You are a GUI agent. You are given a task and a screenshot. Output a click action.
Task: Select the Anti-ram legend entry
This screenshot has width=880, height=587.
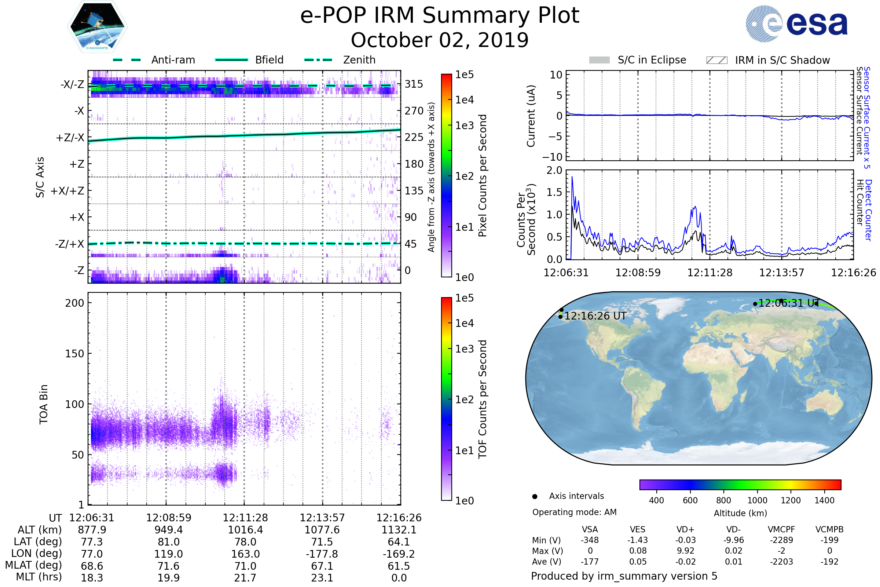tap(173, 60)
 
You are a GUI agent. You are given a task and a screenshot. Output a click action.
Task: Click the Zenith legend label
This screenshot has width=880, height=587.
tap(359, 60)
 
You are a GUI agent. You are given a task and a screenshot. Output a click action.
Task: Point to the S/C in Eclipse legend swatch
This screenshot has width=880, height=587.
tap(599, 60)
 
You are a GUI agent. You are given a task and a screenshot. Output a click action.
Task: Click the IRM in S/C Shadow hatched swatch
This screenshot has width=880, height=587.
tap(716, 60)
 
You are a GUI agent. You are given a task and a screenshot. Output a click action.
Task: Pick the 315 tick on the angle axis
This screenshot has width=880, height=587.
tap(414, 84)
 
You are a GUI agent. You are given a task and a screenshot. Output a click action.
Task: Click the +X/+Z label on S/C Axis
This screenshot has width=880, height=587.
tap(67, 191)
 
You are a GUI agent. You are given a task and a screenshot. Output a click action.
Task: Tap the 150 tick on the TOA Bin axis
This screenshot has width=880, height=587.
tap(74, 354)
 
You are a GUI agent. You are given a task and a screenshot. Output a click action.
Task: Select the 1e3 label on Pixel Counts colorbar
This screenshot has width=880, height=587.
tap(464, 126)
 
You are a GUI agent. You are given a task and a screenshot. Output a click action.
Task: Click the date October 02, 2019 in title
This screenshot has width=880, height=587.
tap(440, 40)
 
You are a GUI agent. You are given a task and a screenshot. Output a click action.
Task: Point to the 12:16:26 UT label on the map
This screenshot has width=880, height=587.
tap(595, 316)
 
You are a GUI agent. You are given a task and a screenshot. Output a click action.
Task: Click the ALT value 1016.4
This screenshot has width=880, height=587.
tap(245, 530)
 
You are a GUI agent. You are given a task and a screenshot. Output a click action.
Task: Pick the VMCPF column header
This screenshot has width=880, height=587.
tap(781, 530)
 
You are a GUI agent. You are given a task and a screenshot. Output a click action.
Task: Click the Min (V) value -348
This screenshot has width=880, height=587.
tap(590, 540)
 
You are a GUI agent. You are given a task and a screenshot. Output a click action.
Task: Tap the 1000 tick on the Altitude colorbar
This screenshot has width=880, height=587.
tap(757, 500)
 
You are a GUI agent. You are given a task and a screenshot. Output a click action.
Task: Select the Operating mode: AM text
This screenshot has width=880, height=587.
tap(574, 512)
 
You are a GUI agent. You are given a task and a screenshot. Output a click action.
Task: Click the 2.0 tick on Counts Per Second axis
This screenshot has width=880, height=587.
tap(554, 171)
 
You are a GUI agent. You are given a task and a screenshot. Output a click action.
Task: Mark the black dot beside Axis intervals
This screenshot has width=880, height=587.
tap(535, 496)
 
